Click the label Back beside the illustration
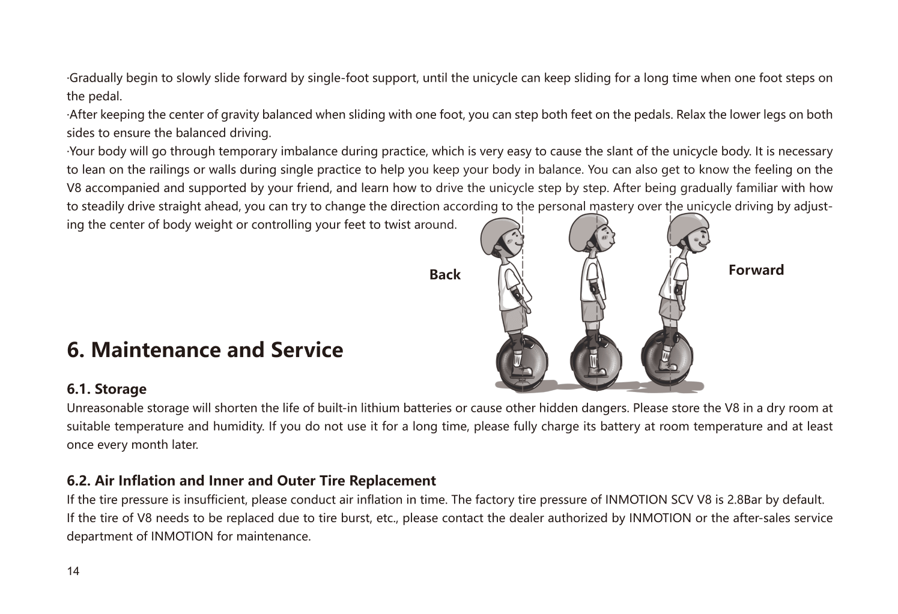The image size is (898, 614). pyautogui.click(x=444, y=275)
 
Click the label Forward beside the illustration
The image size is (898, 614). pyautogui.click(x=756, y=270)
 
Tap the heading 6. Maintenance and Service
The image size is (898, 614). pyautogui.click(x=205, y=350)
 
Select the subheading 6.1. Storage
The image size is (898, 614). pyautogui.click(x=106, y=389)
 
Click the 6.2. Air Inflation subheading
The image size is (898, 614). pyautogui.click(x=251, y=481)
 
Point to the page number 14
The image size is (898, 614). pyautogui.click(x=73, y=571)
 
